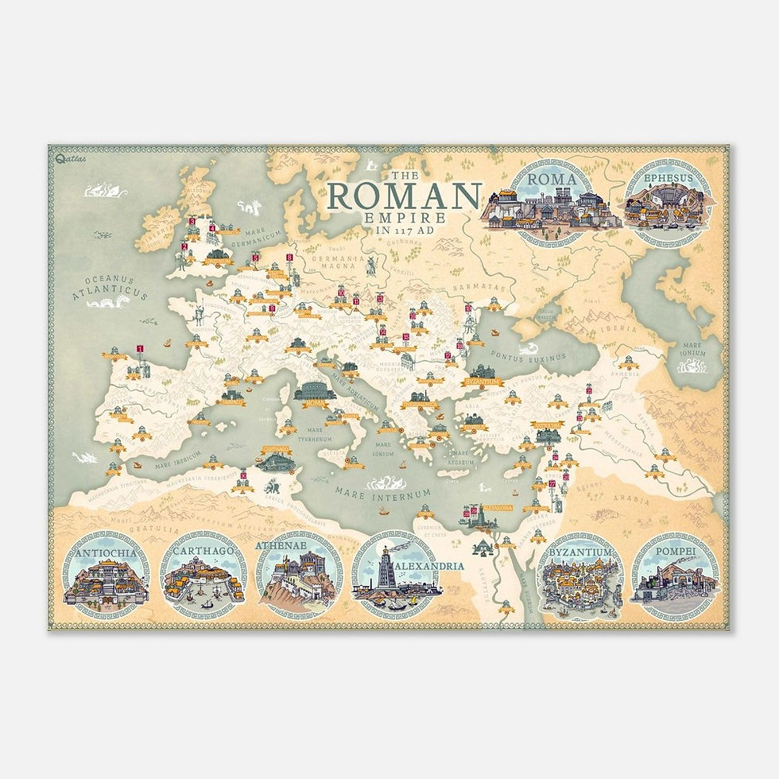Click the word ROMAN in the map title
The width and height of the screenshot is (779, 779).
point(405,196)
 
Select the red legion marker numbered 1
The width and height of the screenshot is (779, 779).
point(140,348)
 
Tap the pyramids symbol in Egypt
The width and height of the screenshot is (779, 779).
point(481,548)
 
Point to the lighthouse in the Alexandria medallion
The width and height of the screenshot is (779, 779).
point(386,567)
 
